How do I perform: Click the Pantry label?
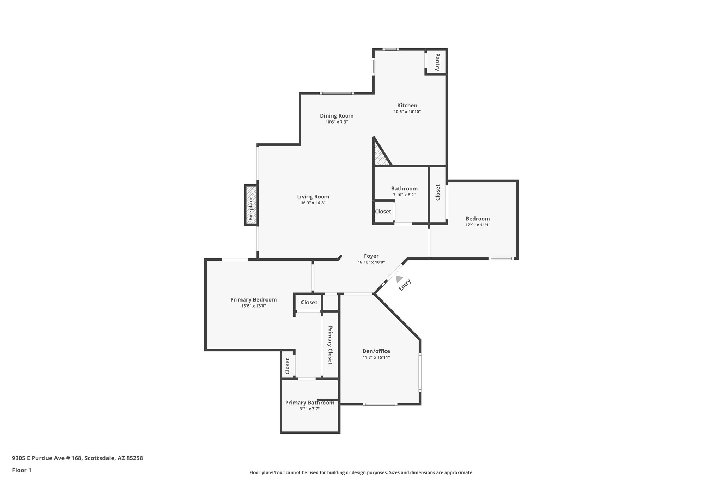(437, 62)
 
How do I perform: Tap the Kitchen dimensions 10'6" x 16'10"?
(407, 112)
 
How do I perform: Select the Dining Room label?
(336, 116)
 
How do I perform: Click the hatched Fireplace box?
(251, 205)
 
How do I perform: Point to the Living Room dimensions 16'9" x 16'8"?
(313, 203)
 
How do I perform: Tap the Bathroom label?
(404, 189)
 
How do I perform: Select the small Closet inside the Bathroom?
(383, 212)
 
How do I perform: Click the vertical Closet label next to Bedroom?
(438, 192)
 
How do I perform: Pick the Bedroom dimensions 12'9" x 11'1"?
(478, 225)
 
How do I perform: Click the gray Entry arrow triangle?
(399, 279)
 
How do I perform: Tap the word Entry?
(405, 285)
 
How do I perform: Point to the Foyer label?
(371, 256)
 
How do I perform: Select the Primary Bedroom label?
(253, 300)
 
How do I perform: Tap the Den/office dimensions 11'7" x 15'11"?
(376, 357)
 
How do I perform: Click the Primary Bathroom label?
(309, 403)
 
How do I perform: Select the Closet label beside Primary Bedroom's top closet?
(309, 303)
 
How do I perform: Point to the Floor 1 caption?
(22, 470)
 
